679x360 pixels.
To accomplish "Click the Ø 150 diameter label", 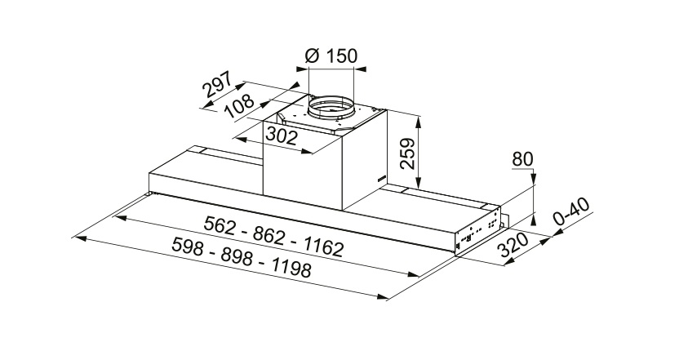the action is pyautogui.click(x=331, y=56).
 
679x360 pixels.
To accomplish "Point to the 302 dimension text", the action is pyautogui.click(x=282, y=136).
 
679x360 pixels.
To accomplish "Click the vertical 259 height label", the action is pyautogui.click(x=407, y=153).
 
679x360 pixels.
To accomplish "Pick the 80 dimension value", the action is pyautogui.click(x=522, y=159).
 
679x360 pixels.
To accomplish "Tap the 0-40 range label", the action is pyautogui.click(x=572, y=212).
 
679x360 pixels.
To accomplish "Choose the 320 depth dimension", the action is pyautogui.click(x=513, y=245).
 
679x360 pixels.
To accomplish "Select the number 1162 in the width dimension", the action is pyautogui.click(x=322, y=248).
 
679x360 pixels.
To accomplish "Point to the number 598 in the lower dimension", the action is pyautogui.click(x=188, y=246).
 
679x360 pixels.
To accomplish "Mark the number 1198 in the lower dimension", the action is pyautogui.click(x=291, y=269).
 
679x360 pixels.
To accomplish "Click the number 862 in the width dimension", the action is pyautogui.click(x=269, y=236).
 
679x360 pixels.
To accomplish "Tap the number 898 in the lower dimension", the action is pyautogui.click(x=237, y=257).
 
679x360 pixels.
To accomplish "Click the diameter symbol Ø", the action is pyautogui.click(x=313, y=56).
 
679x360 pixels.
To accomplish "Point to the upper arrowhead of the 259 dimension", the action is pyautogui.click(x=419, y=122).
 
